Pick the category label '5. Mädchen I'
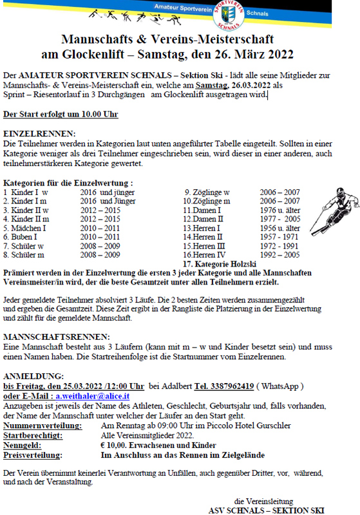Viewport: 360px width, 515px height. coord(25,228)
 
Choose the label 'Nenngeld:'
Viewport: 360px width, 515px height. coord(24,445)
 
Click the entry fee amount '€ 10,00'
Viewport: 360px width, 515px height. coord(116,445)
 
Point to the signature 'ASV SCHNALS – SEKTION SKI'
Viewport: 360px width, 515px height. coord(268,509)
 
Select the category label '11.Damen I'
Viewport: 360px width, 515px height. coord(202,210)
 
